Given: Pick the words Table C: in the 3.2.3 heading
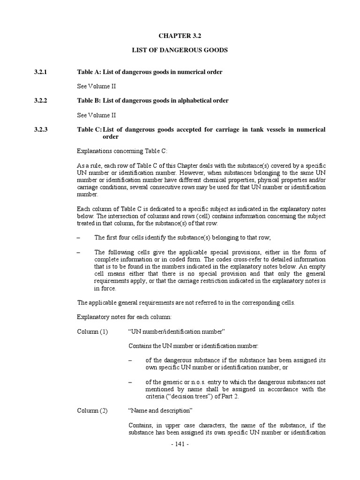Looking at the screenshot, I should pyautogui.click(x=89, y=129).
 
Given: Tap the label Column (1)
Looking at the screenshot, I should pyautogui.click(x=92, y=331).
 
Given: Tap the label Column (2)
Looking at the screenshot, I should pyautogui.click(x=92, y=411).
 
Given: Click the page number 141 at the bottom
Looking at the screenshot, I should pyautogui.click(x=180, y=444).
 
